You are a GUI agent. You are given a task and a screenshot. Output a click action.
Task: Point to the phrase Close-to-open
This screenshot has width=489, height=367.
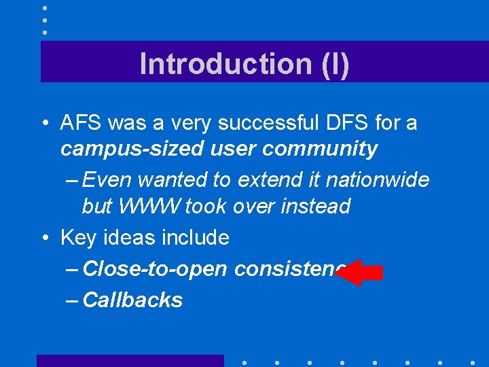[x=154, y=269]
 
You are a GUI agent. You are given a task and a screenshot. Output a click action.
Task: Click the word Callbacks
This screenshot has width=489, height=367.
[x=132, y=300]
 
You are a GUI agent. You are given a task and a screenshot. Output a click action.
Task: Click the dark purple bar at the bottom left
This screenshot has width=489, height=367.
[x=130, y=360]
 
